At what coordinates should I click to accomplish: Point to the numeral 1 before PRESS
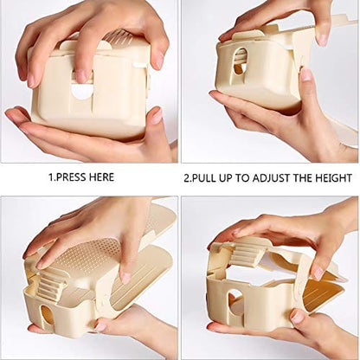point(50,177)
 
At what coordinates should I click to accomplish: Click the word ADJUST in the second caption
point(280,177)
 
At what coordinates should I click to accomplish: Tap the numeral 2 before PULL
point(187,177)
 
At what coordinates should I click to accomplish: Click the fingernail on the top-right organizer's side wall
point(305,75)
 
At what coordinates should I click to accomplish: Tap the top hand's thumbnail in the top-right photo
point(228,35)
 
